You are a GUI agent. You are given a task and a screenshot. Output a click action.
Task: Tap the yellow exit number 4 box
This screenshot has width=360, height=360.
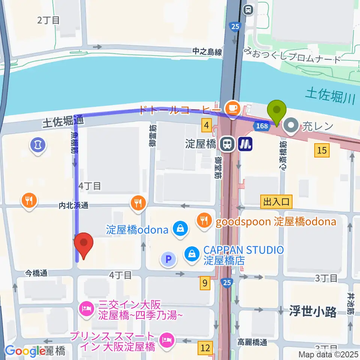pos(207,125)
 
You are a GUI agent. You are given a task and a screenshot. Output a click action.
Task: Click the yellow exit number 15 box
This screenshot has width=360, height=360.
pos(322,151)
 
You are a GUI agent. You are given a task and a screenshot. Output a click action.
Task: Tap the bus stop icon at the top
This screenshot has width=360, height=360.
pos(248,10)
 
